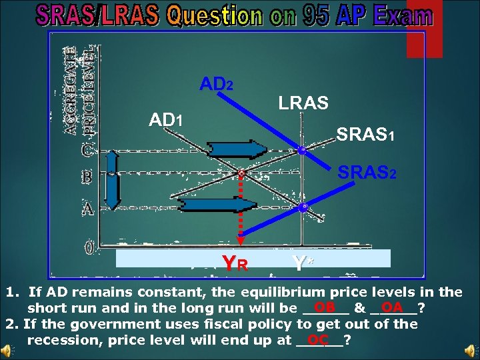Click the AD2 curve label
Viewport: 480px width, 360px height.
tap(217, 85)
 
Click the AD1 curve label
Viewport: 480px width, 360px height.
tap(166, 121)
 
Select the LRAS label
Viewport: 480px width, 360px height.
tap(303, 103)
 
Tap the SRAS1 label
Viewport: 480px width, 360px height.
tap(366, 135)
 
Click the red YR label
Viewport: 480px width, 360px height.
tap(235, 263)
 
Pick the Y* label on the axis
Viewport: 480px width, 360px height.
tap(301, 263)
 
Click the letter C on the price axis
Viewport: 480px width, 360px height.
tap(87, 151)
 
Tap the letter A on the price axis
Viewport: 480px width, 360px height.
tap(87, 209)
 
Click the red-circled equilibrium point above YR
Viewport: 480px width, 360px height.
tap(241, 174)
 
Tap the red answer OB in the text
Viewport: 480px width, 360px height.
tap(325, 307)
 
